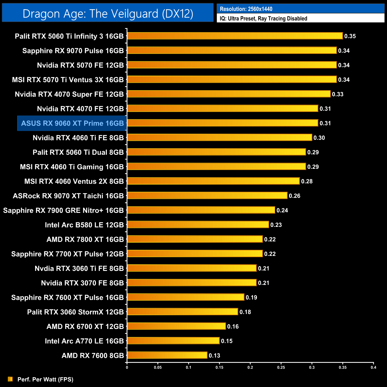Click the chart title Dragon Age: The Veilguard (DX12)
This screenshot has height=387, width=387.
click(108, 14)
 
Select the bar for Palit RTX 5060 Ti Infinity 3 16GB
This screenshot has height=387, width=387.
click(235, 36)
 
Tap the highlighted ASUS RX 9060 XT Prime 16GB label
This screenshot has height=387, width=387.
click(72, 123)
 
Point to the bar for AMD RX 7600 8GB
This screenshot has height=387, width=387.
click(167, 355)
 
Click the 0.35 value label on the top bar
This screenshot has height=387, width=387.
click(350, 36)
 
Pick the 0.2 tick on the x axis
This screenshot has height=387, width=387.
click(250, 367)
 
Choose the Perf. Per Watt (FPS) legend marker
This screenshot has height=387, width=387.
click(10, 379)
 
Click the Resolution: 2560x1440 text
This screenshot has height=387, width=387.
click(246, 9)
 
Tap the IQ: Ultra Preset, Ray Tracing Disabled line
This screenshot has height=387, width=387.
click(263, 18)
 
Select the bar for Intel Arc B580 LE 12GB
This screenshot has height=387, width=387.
click(198, 224)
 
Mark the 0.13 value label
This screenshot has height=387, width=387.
click(214, 355)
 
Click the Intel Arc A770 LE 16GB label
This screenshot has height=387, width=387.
click(84, 341)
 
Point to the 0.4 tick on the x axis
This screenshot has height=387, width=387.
click(373, 367)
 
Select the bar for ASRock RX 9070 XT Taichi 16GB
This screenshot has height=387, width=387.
click(207, 196)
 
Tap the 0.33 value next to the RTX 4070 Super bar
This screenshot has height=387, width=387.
click(338, 94)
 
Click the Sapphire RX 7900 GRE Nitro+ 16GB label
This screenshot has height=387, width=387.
click(63, 210)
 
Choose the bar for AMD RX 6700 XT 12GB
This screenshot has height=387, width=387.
click(176, 326)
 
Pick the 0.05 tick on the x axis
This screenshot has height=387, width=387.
click(158, 367)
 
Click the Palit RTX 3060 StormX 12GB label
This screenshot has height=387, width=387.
click(75, 312)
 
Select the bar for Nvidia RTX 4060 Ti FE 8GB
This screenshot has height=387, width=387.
click(219, 138)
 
